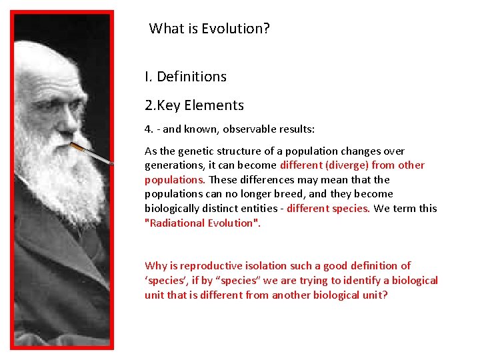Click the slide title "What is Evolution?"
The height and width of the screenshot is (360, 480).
(209, 29)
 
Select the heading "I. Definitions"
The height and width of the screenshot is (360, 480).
(185, 77)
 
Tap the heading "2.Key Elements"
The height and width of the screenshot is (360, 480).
(194, 105)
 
